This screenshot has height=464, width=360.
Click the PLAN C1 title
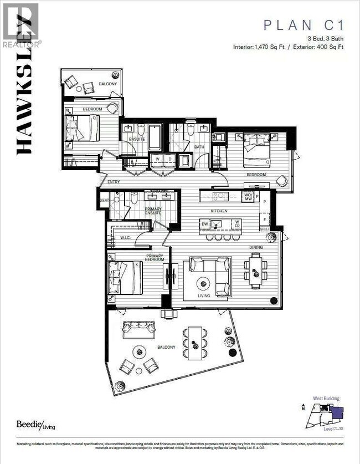304,25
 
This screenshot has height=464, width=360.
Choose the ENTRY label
114,181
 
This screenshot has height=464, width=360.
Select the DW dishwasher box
205,225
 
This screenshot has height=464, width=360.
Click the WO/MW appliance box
248,196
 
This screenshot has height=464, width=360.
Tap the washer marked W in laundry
158,159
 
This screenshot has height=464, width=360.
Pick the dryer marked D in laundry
170,159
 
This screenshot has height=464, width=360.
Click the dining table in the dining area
255,270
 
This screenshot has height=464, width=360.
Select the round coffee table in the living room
204,283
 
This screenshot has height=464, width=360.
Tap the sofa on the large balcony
138,329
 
